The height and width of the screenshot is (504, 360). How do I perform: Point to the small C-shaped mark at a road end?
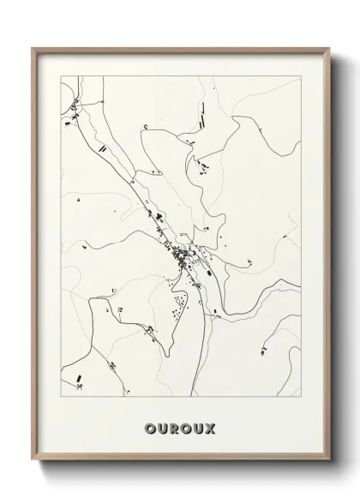(147, 129)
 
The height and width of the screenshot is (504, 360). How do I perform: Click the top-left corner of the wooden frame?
(33, 47)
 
